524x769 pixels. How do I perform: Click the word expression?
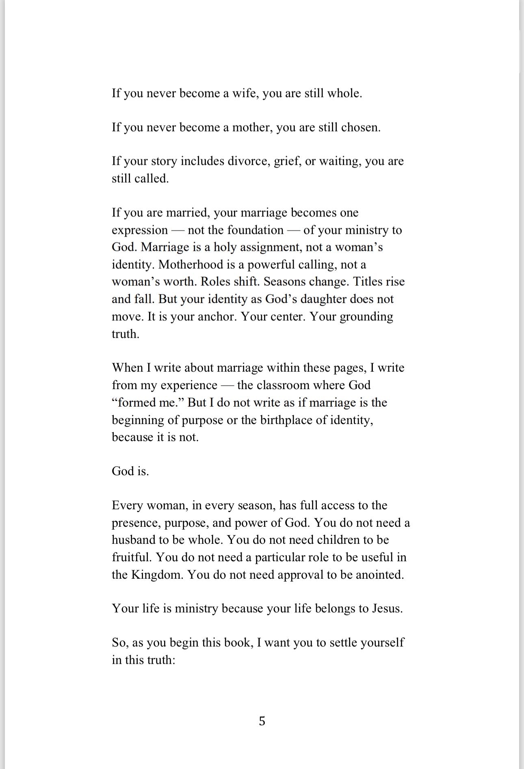click(140, 230)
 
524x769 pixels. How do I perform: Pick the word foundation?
click(255, 230)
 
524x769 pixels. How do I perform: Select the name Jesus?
click(387, 609)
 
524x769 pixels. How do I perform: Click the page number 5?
click(262, 721)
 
